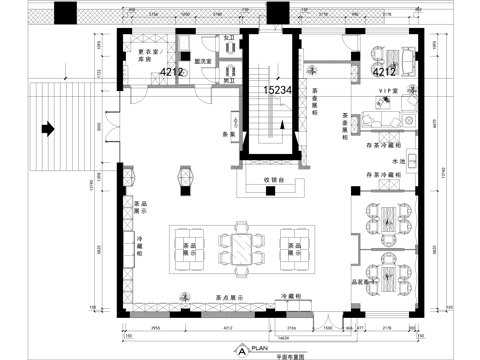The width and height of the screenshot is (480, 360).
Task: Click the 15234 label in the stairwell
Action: [x=277, y=90]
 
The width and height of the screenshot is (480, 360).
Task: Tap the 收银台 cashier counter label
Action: [x=275, y=180]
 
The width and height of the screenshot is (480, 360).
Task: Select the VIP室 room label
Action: [x=387, y=93]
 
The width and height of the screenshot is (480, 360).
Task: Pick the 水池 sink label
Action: [x=398, y=160]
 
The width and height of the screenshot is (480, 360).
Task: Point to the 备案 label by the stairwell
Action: [x=228, y=134]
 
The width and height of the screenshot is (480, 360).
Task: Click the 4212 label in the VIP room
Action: [x=384, y=73]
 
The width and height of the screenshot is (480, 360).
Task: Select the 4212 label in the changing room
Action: [x=172, y=73]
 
